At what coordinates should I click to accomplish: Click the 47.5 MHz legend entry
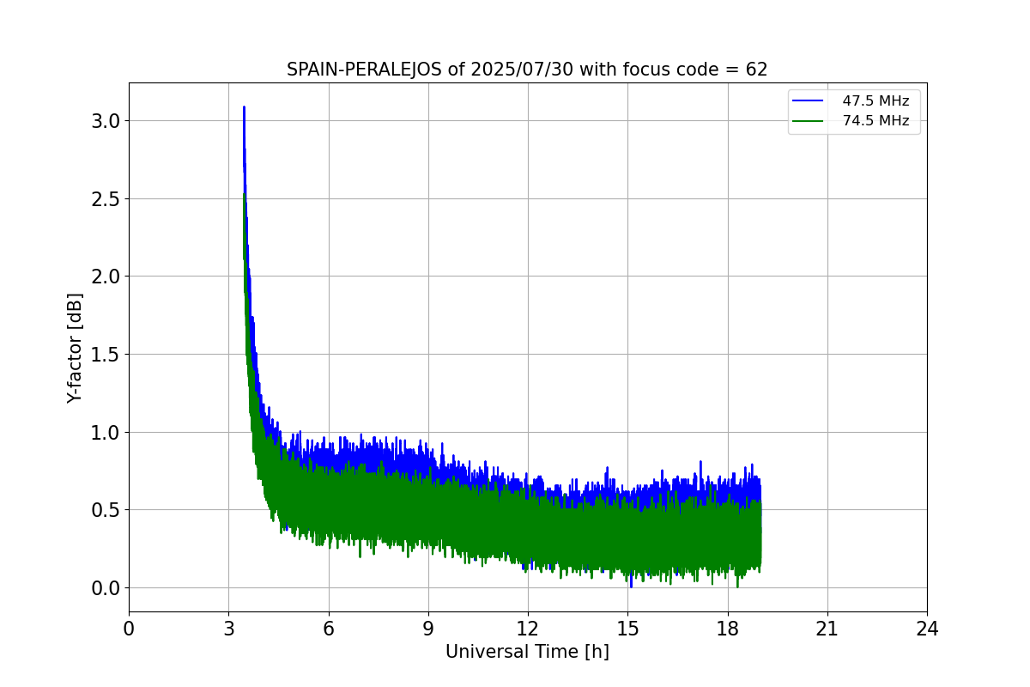click(875, 100)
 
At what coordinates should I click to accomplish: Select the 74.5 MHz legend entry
click(875, 121)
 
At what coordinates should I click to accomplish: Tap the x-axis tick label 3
click(228, 629)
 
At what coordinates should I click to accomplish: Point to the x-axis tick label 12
click(528, 629)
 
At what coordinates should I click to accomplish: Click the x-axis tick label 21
click(827, 629)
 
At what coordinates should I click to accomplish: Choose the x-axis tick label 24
click(927, 629)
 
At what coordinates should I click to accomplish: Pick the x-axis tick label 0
click(129, 629)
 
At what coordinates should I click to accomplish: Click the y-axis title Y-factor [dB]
click(76, 348)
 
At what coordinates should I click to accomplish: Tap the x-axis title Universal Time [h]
click(527, 653)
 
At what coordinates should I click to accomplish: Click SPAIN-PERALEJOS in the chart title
click(365, 70)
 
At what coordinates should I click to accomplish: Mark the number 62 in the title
click(756, 70)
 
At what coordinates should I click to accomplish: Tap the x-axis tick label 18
click(727, 629)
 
